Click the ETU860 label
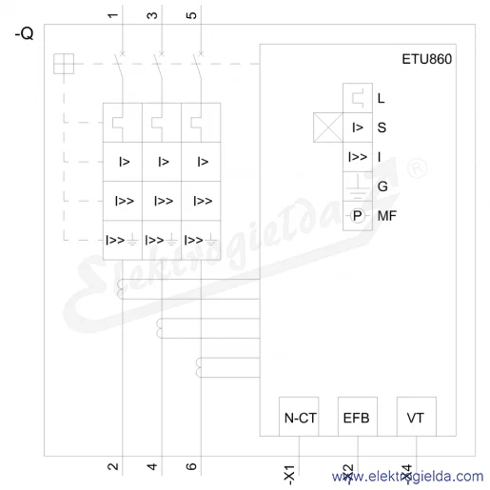(426, 59)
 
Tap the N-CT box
(299, 417)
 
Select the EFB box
(358, 417)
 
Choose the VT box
(417, 417)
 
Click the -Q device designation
(24, 33)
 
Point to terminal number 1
(112, 15)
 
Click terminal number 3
(152, 15)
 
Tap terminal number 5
(191, 15)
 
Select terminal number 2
(112, 466)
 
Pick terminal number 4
(152, 466)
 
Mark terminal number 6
(191, 466)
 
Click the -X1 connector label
(289, 475)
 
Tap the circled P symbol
(358, 216)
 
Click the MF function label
(387, 216)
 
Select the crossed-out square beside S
(328, 127)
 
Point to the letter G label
(382, 186)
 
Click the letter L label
(381, 98)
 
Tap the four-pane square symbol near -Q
(64, 64)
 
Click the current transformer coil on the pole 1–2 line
(120, 289)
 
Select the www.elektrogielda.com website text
(408, 477)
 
